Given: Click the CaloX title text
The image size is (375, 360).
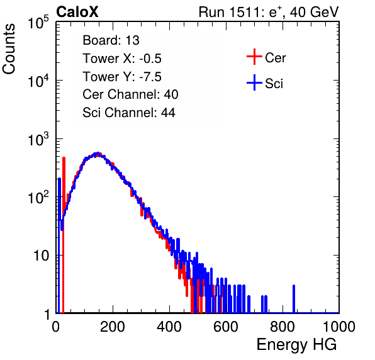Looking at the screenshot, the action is [x=77, y=12].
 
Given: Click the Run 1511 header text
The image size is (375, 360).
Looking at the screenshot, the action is [x=269, y=12].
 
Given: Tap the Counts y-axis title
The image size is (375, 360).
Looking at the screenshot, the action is [x=9, y=49].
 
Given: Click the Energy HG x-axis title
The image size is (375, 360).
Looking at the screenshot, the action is [x=296, y=344].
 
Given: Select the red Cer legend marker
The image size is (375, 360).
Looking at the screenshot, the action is [x=254, y=57].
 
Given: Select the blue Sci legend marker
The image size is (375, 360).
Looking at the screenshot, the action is [x=254, y=83].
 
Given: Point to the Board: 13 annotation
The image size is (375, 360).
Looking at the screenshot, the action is [x=111, y=40].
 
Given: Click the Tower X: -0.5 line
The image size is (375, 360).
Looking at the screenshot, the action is [x=122, y=59].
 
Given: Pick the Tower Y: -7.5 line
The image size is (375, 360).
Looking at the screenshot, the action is [x=122, y=77].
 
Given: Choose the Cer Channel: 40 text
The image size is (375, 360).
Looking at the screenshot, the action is [x=130, y=94].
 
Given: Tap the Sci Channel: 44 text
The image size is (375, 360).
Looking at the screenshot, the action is [x=129, y=113].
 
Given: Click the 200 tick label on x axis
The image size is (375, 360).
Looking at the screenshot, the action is [x=113, y=327].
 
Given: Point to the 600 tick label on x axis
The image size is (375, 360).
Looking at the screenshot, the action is [x=226, y=327].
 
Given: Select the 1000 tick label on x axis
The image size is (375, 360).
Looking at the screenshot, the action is [x=339, y=327].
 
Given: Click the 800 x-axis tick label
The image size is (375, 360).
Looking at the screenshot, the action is [x=283, y=327].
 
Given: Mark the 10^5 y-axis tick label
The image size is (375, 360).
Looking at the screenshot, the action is [x=38, y=22].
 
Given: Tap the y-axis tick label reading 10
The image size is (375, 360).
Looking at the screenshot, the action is [x=41, y=256].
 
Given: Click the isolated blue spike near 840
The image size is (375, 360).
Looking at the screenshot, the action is [x=294, y=299].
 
